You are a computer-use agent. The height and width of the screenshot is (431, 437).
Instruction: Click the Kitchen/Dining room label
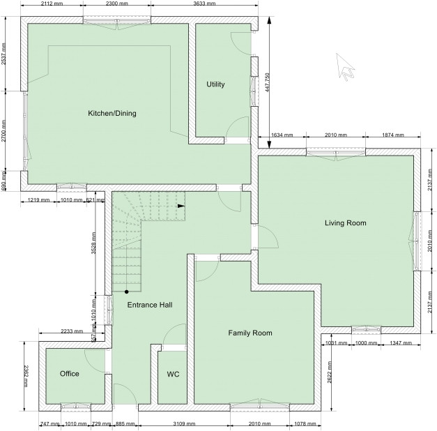pyautogui.click(x=112, y=113)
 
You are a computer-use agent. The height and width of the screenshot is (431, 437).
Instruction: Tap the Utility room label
pyautogui.click(x=215, y=84)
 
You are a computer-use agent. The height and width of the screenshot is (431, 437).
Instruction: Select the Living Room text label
pyautogui.click(x=345, y=223)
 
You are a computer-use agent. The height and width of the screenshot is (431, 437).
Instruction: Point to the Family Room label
pyautogui.click(x=250, y=333)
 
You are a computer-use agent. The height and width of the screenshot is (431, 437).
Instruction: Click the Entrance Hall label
pyautogui.click(x=150, y=305)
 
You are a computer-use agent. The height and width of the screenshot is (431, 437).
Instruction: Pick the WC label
pyautogui.click(x=173, y=375)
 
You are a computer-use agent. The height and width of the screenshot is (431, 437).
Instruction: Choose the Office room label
pyautogui.click(x=70, y=374)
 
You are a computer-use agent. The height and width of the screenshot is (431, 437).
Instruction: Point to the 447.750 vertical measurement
pyautogui.click(x=266, y=83)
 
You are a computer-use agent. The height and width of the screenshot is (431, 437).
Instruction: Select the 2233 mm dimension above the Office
pyautogui.click(x=73, y=331)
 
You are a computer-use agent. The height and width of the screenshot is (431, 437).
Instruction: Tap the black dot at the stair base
pyautogui.click(x=126, y=292)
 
